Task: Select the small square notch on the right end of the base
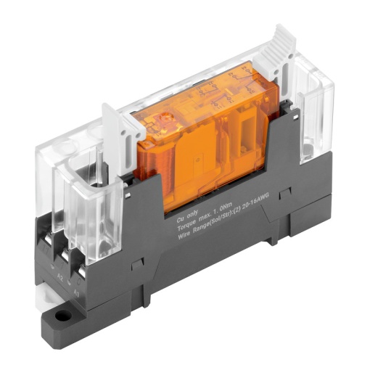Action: click(286, 193)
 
